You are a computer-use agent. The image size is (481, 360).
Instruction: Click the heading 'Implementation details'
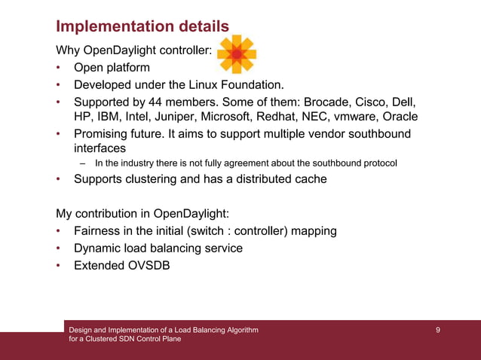[142, 26]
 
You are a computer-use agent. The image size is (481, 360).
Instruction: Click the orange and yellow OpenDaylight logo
[237, 54]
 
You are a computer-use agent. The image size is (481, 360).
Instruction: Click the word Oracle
[400, 117]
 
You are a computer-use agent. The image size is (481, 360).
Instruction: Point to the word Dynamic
[98, 248]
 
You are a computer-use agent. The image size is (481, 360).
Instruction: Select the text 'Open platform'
[112, 68]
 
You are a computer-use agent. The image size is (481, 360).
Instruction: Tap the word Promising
[103, 134]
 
